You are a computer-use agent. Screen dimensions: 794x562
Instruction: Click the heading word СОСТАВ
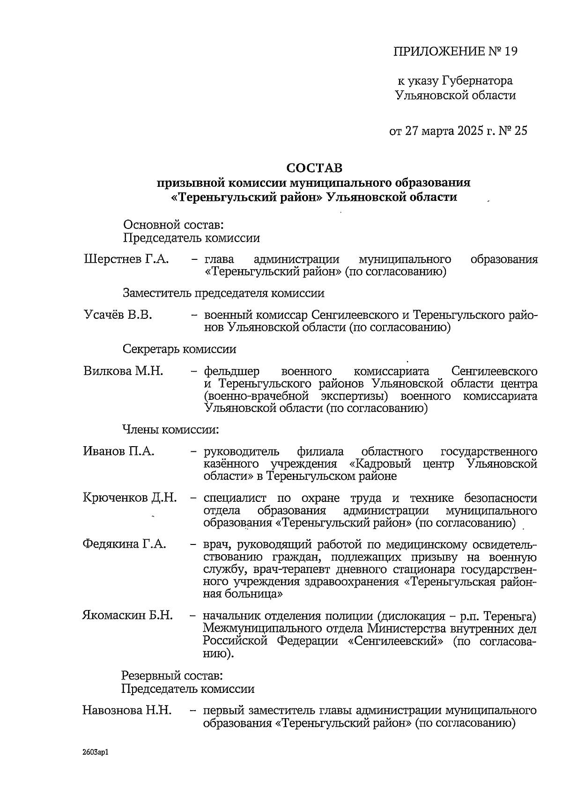click(x=314, y=168)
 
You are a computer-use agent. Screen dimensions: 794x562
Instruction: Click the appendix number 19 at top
click(x=511, y=51)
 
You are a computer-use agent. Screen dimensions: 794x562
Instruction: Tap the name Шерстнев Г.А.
click(x=126, y=259)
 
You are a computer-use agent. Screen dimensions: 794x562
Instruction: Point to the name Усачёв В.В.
click(x=118, y=315)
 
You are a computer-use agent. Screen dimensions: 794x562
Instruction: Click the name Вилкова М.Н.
click(x=123, y=371)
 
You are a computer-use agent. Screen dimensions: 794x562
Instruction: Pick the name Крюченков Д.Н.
click(x=130, y=498)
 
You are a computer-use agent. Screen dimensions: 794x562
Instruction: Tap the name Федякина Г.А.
click(x=124, y=544)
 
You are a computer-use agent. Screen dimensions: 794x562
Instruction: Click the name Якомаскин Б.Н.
click(x=128, y=615)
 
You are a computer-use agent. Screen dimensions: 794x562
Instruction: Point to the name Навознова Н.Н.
click(x=127, y=710)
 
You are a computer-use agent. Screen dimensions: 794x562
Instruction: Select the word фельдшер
click(x=231, y=372)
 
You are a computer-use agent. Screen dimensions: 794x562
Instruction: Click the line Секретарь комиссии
click(x=179, y=349)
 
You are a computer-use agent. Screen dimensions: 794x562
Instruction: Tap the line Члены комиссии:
click(x=170, y=429)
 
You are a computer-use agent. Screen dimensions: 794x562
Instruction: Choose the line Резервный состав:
click(x=172, y=676)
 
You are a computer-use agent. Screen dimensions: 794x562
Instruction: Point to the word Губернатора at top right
click(x=477, y=81)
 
